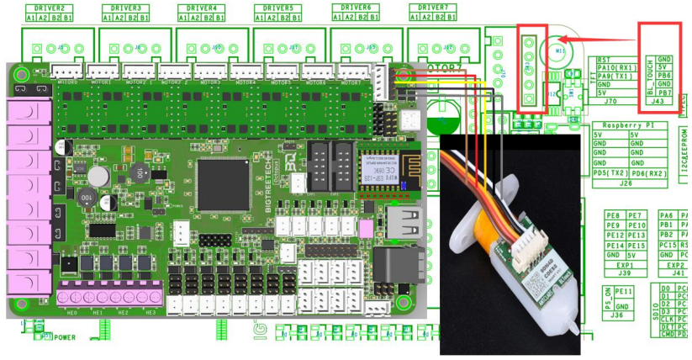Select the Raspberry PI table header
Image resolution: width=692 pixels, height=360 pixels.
(628, 124)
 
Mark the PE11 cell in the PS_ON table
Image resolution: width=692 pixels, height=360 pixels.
(624, 290)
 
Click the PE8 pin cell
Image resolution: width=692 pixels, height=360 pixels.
(613, 216)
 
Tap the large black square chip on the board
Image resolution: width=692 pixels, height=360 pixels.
(222, 184)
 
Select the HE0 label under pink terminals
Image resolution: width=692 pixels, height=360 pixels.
(71, 312)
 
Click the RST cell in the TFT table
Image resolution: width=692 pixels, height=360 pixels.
(604, 60)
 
